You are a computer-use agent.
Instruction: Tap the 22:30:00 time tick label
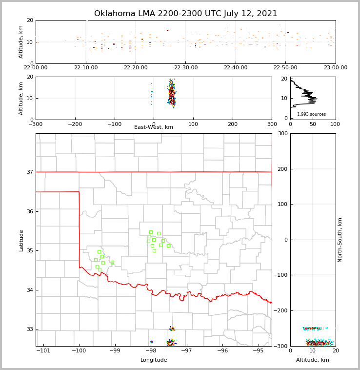click(x=186, y=68)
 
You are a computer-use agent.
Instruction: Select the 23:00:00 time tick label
click(x=335, y=68)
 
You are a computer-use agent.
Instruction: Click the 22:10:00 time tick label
click(x=86, y=68)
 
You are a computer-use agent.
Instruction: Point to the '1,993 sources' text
click(x=311, y=114)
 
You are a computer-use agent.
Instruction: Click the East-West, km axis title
click(x=154, y=127)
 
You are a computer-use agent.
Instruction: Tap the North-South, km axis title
click(x=340, y=240)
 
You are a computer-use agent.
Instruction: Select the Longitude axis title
click(x=154, y=360)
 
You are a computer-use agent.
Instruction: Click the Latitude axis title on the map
click(x=21, y=240)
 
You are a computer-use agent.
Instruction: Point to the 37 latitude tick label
click(x=29, y=172)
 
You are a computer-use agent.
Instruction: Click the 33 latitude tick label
click(x=29, y=329)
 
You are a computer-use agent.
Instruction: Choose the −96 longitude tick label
click(x=222, y=351)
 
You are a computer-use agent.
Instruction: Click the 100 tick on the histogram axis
click(x=335, y=124)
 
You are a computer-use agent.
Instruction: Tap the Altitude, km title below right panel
click(x=313, y=360)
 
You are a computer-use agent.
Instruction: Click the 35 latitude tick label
click(x=29, y=251)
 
